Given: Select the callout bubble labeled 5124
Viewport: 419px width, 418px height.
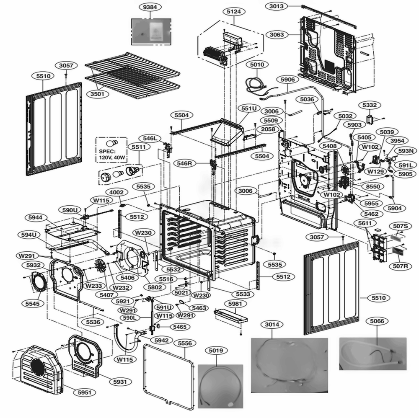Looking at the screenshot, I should pos(233,12).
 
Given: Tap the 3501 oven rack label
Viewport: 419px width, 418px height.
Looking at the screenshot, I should pos(97,94).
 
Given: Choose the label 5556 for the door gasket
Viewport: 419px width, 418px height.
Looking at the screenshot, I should pos(185,343).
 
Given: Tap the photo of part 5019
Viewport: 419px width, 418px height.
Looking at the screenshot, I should pos(220,384).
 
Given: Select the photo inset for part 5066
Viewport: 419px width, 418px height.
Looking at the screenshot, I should pos(373,354).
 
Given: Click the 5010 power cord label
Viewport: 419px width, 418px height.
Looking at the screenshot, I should pos(257,65).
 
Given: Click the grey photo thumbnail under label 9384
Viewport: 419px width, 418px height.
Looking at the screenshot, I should pos(152,31).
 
